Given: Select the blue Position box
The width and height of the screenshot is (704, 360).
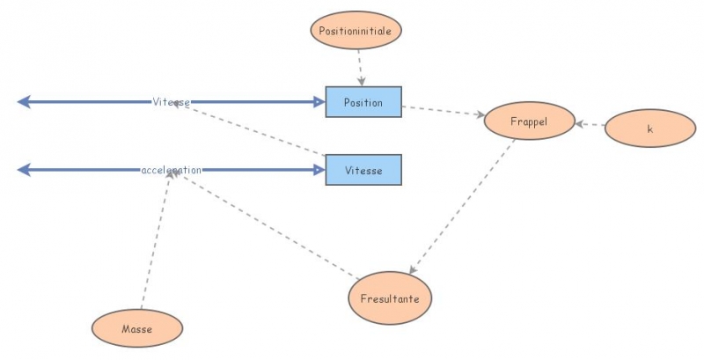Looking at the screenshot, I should pos(363,102).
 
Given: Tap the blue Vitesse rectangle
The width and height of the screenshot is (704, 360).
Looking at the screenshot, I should pos(363,170).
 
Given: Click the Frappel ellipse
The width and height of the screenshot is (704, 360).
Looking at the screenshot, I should pos(529,122).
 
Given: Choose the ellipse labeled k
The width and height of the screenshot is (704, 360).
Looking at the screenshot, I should pos(650,129).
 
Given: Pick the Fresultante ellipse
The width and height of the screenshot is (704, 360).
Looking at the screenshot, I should pos(391,298).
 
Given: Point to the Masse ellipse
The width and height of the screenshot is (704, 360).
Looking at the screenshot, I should pos(137,329).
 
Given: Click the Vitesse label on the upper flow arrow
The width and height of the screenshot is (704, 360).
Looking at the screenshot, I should pos(171,102).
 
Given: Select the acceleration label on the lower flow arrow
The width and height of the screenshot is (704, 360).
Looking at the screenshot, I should pos(172,170).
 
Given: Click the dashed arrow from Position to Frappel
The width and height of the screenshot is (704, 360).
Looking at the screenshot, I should pos(443,111).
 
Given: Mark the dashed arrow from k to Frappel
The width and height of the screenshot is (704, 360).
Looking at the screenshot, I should pos(590,126).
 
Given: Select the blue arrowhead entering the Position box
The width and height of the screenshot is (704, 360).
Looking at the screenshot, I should pos(318,102).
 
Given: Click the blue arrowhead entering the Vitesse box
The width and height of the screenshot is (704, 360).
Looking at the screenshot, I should pos(318,170).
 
